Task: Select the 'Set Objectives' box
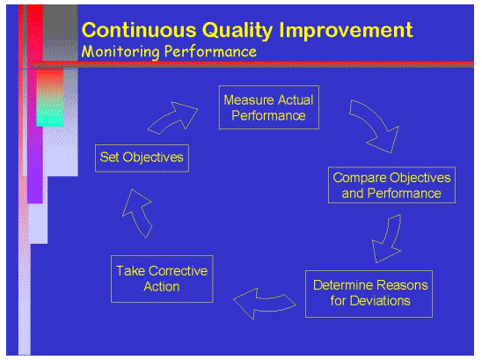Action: tap(142, 158)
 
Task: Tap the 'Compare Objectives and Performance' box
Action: tap(391, 185)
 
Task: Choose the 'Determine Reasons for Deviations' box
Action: tap(370, 294)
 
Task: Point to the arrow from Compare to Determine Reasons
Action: tap(388, 239)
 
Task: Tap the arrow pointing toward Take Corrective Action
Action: tap(259, 303)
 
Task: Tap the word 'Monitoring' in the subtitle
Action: tap(119, 51)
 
